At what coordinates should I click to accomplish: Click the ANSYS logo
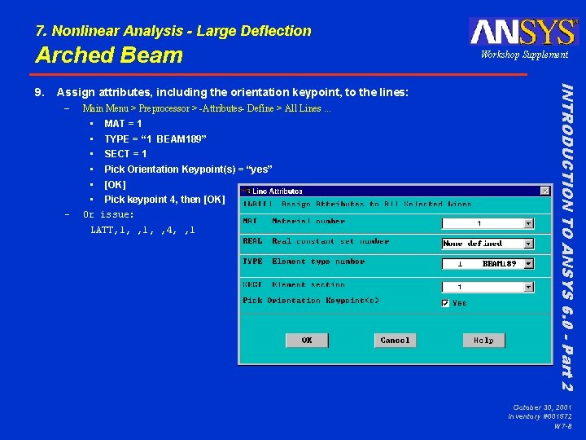[x=523, y=31]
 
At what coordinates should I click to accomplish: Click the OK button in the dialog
[x=306, y=340]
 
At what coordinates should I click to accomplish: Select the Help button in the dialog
[x=483, y=340]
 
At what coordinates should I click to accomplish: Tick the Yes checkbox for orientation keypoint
[x=445, y=303]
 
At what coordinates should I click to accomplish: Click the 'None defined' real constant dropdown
[x=488, y=243]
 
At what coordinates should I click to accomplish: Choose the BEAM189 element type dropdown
[x=488, y=264]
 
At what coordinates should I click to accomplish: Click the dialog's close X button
[x=545, y=191]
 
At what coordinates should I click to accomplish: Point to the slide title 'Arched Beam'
[x=109, y=55]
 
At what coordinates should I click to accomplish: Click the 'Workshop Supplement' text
[x=524, y=55]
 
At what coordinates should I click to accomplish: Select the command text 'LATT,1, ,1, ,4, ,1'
[x=142, y=230]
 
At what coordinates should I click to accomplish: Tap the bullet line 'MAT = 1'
[x=123, y=124]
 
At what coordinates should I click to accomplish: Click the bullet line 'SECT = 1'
[x=125, y=154]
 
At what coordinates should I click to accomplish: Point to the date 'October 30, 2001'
[x=542, y=407]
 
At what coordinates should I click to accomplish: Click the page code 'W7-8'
[x=562, y=425]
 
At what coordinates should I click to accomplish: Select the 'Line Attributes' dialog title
[x=273, y=191]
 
